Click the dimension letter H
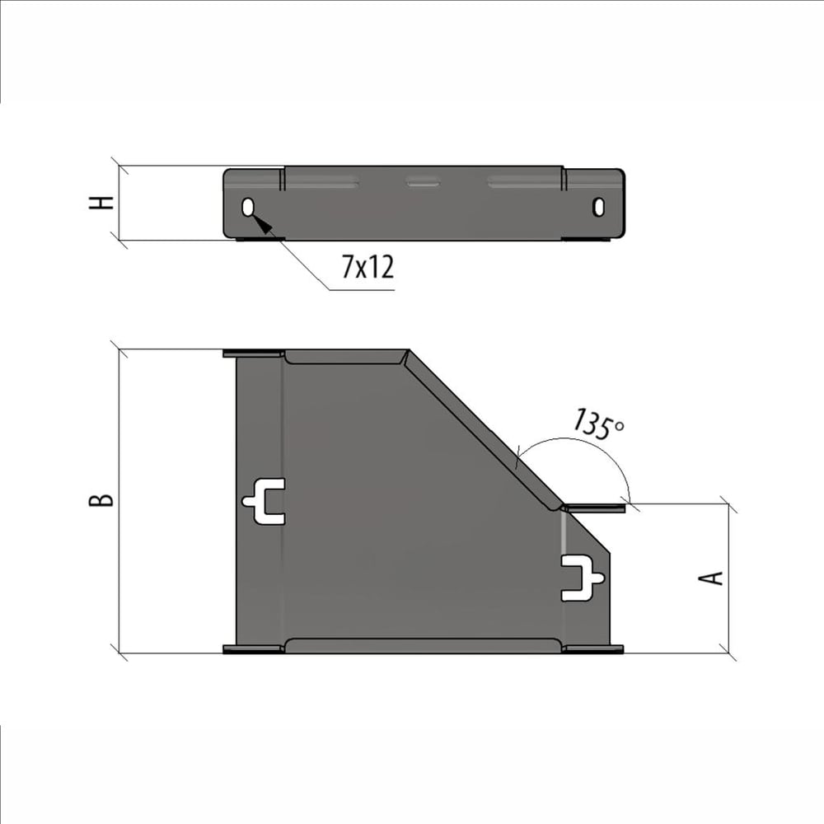point(101,203)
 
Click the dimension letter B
point(101,500)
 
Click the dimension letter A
point(710,578)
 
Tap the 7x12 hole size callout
point(368,266)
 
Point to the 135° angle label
point(597,424)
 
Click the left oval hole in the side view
point(248,207)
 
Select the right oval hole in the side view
point(598,206)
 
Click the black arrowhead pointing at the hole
point(264,223)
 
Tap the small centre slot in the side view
point(423,182)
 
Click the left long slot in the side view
point(321,183)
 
